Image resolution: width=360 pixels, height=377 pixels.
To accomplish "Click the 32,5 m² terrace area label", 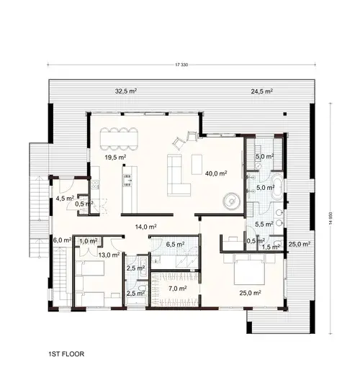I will point(126,91).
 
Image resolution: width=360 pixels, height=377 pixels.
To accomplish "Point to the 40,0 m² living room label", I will point(216,173).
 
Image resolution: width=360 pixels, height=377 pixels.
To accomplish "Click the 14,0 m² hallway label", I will point(146,226).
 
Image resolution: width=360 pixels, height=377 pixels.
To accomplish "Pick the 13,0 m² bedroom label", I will point(109,255).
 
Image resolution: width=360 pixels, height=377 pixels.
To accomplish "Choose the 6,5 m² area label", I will point(175,245).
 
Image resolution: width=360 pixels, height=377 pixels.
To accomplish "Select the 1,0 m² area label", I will point(88,241).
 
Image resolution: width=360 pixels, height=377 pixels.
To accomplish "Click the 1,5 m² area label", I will point(271,247).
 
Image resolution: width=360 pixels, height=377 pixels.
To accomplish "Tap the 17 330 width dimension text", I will point(184,66).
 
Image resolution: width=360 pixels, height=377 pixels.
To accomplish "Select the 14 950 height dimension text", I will point(333,215).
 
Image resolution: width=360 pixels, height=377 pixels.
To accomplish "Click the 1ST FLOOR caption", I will point(69,355).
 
